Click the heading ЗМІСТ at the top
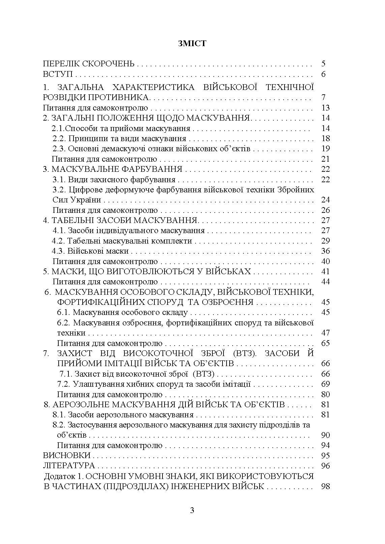[192, 44]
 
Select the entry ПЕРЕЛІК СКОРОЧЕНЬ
[89, 64]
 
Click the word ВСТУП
[58, 74]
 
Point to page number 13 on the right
[325, 108]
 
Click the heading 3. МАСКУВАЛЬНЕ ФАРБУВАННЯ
[113, 169]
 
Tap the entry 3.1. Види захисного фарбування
[114, 179]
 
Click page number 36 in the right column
[325, 251]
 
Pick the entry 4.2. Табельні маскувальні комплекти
[122, 241]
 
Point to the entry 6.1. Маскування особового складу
[122, 312]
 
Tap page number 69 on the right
[325, 384]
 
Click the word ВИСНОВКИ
[67, 455]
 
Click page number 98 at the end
[325, 486]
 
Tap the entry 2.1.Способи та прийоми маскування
[121, 128]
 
